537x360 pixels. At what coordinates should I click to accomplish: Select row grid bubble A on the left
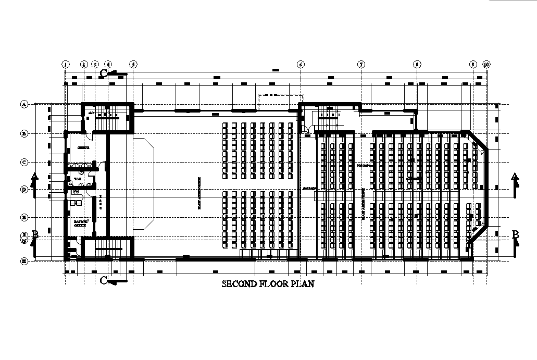coord(23,104)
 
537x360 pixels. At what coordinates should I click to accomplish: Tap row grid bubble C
coord(23,162)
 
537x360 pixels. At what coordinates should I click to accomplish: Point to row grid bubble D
coord(23,190)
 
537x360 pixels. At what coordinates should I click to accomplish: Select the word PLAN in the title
coord(302,284)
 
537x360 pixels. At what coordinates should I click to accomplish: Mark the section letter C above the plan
coord(104,73)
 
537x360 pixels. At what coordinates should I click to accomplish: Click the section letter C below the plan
coord(104,281)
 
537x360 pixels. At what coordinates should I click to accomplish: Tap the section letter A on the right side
coord(515,176)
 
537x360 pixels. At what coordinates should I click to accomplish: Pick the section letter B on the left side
coord(35,234)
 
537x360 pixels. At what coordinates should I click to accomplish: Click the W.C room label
coord(77,179)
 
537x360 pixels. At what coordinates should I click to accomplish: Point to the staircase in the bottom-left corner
coord(107,247)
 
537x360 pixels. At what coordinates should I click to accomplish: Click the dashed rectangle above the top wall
coord(281,102)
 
